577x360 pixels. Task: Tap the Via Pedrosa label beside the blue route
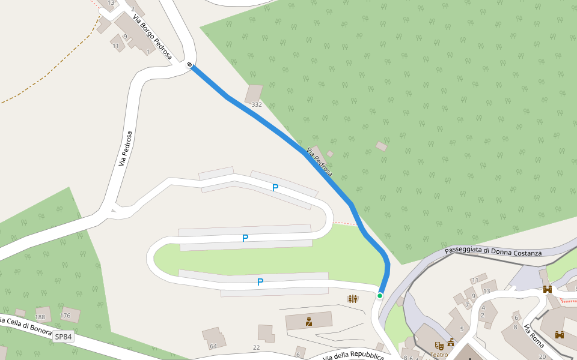pyautogui.click(x=319, y=162)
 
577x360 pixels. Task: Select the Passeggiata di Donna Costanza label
pyautogui.click(x=493, y=251)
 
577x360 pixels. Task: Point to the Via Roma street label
pyautogui.click(x=534, y=336)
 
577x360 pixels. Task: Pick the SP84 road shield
pyautogui.click(x=63, y=337)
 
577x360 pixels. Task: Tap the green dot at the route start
pyautogui.click(x=380, y=295)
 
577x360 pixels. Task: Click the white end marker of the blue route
pyautogui.click(x=190, y=64)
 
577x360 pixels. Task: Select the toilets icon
pyautogui.click(x=353, y=298)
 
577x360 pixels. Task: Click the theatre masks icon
pyautogui.click(x=439, y=346)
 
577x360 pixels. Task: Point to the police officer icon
pyautogui.click(x=309, y=322)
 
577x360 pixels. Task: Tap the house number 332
pyautogui.click(x=257, y=104)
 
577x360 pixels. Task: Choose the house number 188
pyautogui.click(x=40, y=317)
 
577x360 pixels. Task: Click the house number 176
pyautogui.click(x=66, y=316)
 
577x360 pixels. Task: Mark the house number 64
pyautogui.click(x=213, y=346)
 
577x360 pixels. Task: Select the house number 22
pyautogui.click(x=256, y=347)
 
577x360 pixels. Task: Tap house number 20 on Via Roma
pyautogui.click(x=542, y=356)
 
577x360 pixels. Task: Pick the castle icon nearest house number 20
pyautogui.click(x=560, y=335)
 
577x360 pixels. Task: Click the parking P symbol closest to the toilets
pyautogui.click(x=260, y=281)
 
